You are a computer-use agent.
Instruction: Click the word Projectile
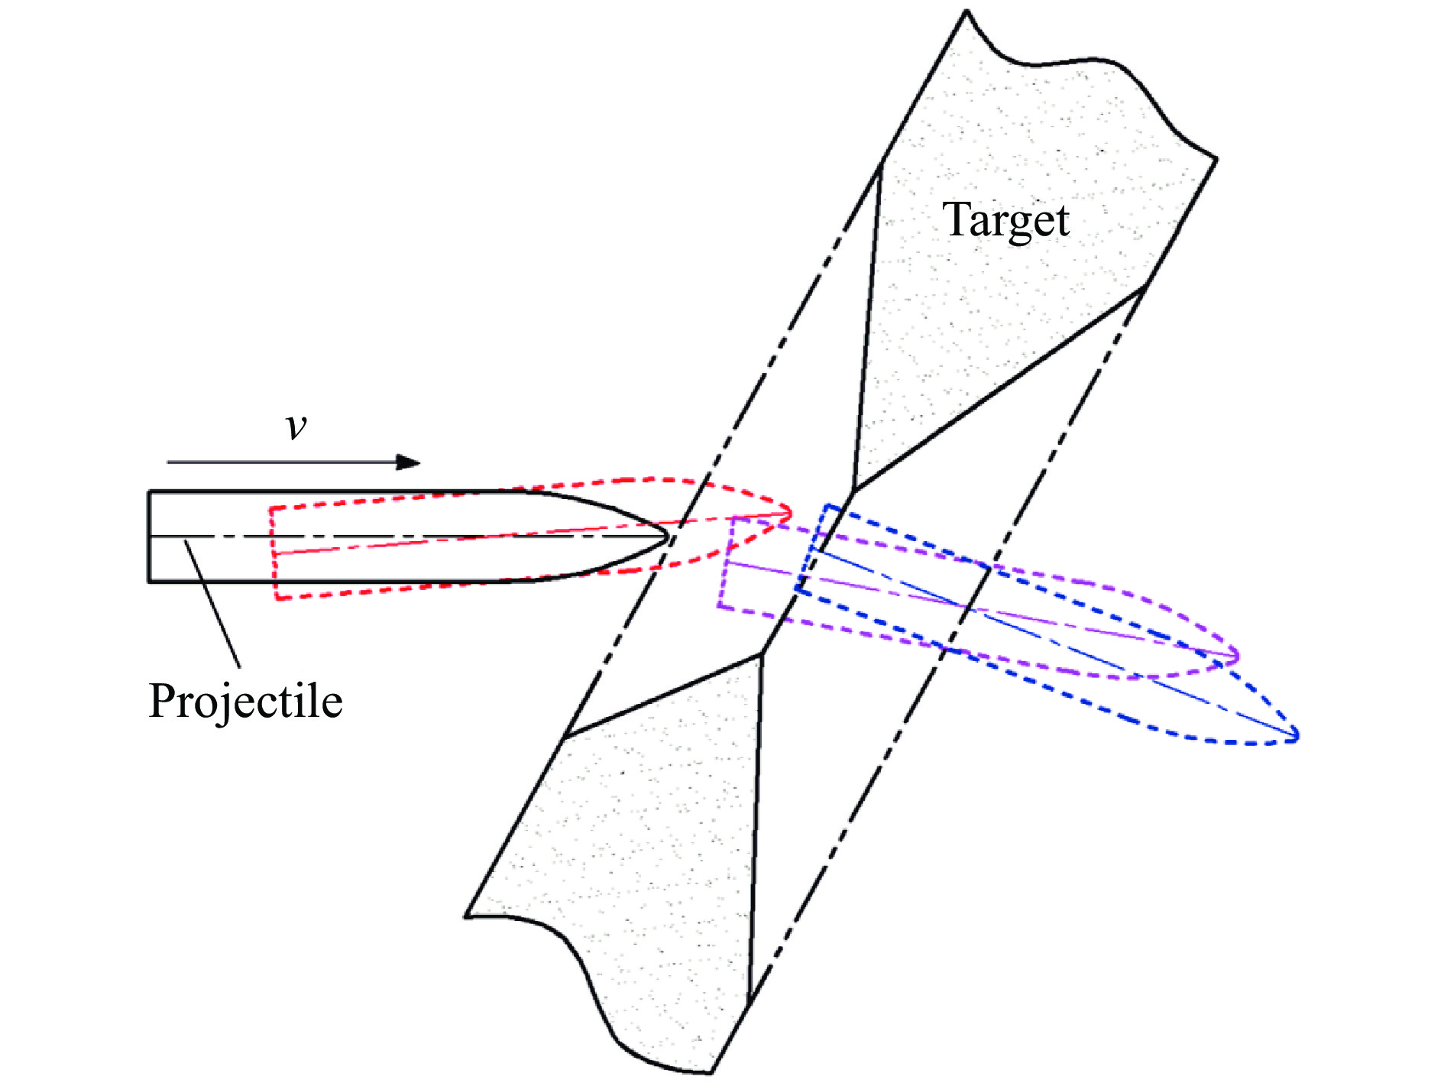point(245,701)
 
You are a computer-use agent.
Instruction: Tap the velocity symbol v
point(296,426)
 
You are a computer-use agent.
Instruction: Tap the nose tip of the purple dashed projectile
point(1237,656)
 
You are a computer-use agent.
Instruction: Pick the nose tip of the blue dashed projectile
point(1297,737)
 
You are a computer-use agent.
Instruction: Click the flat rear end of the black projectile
point(149,537)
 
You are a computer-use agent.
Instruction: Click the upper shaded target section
point(1016,306)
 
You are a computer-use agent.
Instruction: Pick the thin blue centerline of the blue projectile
point(1070,650)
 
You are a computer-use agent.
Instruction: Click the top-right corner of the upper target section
point(1216,159)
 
